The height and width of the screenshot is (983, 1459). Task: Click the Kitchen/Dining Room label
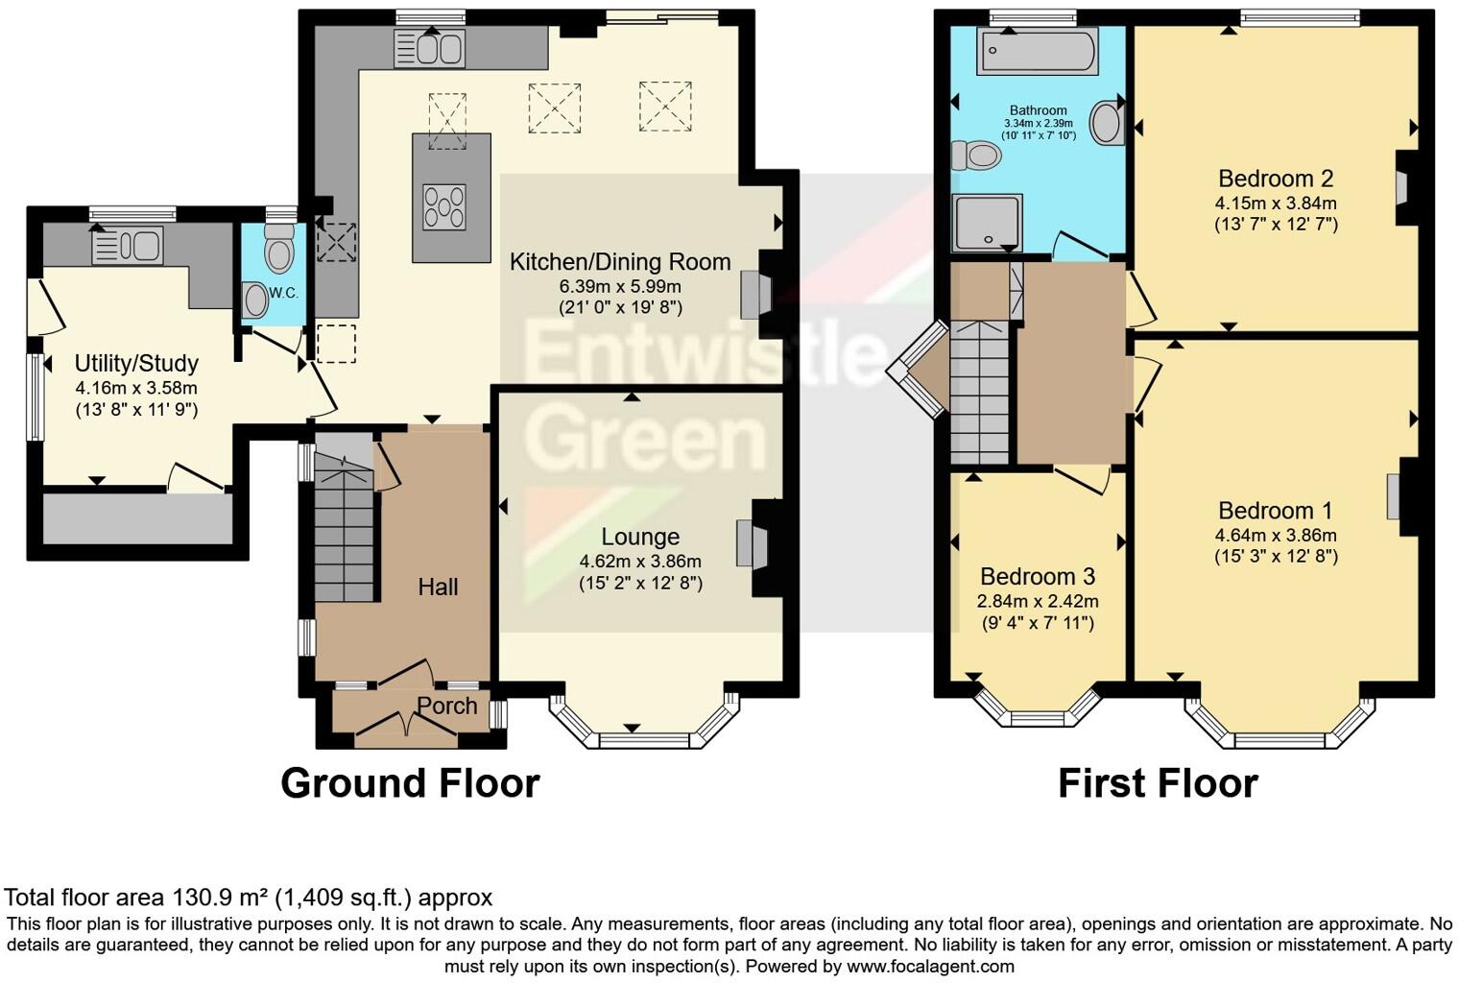(x=619, y=262)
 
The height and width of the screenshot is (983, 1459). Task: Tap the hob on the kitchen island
(x=444, y=205)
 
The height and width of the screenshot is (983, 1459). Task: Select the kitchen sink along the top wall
(x=429, y=49)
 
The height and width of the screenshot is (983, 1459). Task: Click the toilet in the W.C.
(x=278, y=251)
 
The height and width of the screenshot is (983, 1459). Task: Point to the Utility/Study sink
(x=127, y=245)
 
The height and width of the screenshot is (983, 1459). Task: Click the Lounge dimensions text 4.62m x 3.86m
(x=640, y=562)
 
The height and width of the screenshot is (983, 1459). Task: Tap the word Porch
(x=446, y=706)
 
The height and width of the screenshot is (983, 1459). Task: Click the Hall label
(x=438, y=587)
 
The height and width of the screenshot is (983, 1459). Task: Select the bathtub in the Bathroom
(x=1037, y=51)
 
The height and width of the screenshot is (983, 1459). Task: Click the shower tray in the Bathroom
(x=987, y=223)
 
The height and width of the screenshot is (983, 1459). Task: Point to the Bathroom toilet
(x=976, y=155)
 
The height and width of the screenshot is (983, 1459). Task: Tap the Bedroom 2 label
(x=1276, y=179)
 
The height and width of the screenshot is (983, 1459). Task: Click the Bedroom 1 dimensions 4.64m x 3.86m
(x=1276, y=536)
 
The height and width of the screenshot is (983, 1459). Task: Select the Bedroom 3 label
(x=1038, y=576)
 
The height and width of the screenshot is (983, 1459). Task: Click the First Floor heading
(x=1158, y=783)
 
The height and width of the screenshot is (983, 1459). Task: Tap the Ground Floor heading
(x=410, y=783)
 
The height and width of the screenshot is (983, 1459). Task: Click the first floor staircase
(x=979, y=392)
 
